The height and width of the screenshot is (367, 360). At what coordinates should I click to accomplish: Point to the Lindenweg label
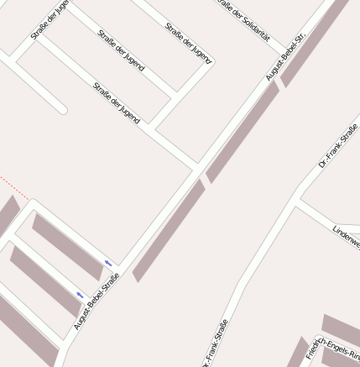346,236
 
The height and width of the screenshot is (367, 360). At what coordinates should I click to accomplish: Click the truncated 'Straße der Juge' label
50,19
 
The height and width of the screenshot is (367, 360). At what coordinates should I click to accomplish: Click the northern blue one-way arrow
108,265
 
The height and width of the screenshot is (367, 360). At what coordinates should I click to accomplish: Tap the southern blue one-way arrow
80,295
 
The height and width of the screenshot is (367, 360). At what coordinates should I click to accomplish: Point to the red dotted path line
14,189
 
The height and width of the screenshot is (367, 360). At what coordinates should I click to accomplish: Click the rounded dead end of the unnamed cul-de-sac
61,108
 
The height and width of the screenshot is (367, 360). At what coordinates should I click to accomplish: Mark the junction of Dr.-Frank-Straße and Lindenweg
300,202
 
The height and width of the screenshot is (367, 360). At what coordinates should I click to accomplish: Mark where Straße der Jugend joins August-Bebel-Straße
199,163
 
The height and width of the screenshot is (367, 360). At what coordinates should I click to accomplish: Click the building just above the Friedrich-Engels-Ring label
341,328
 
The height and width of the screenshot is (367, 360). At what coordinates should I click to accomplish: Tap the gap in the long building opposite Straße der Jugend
205,180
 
